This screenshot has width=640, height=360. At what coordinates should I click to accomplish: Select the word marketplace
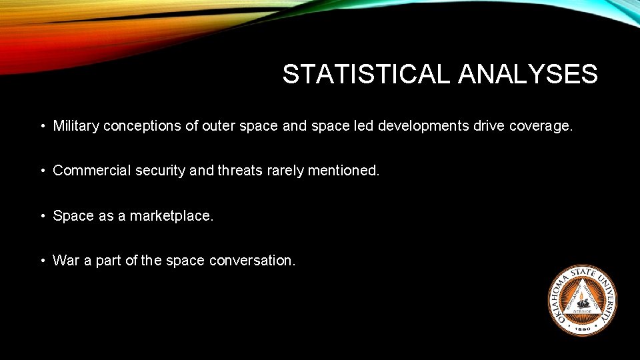coord(171,216)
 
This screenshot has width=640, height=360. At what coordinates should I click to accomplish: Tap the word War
coord(66,261)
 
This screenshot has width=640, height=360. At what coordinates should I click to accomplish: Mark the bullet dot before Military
coord(42,126)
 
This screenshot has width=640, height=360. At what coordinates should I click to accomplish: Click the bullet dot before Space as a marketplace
coord(42,216)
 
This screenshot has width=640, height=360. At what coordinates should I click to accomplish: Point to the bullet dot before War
coord(42,261)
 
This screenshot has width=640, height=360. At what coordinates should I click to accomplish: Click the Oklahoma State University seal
coord(582,300)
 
